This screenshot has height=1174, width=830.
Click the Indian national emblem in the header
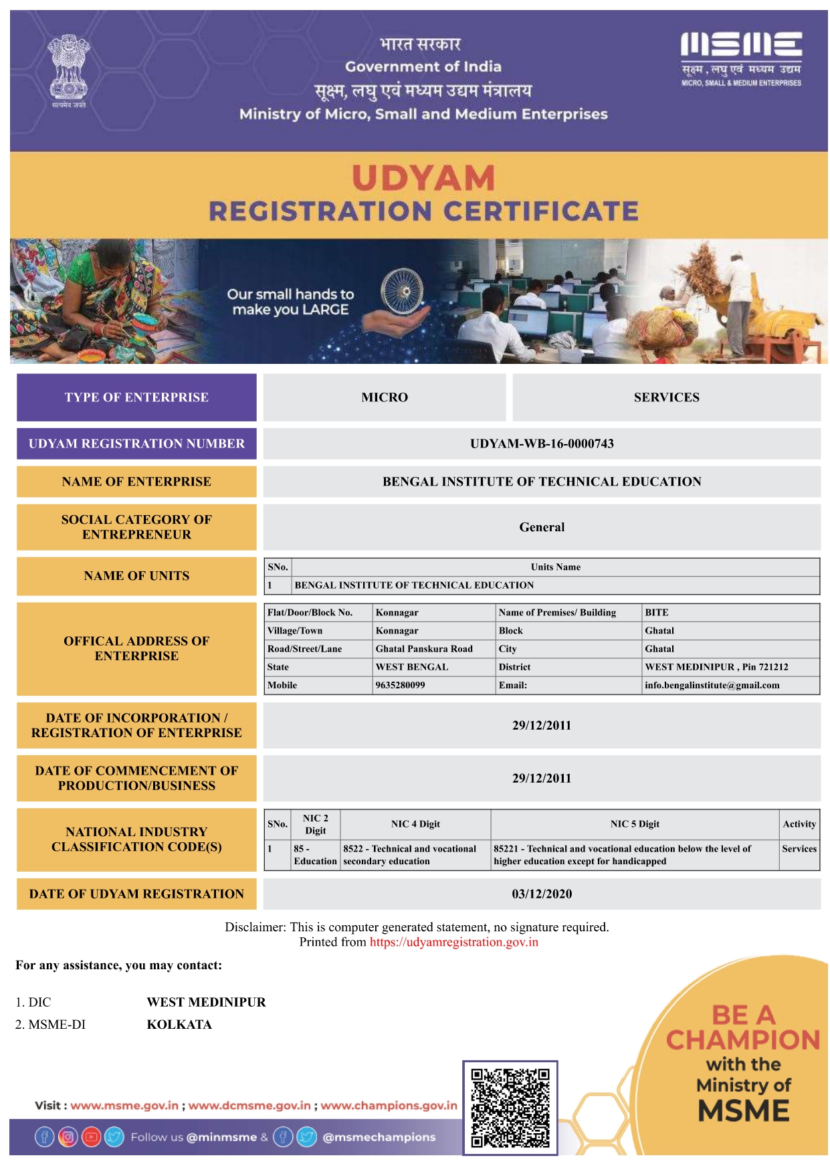tap(68, 70)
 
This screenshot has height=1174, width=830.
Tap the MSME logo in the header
tap(741, 59)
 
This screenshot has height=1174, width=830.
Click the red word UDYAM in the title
tap(423, 179)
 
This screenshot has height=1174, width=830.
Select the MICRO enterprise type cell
tap(385, 397)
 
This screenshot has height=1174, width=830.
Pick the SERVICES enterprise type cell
tap(666, 397)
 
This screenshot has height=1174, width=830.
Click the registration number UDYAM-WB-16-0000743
tap(542, 444)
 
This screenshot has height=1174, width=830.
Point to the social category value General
tap(542, 527)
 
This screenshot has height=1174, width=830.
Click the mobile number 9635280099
tap(400, 685)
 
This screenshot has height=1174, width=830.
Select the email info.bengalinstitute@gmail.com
tap(712, 685)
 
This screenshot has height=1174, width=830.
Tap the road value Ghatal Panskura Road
tap(424, 649)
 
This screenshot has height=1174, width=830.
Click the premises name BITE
tap(656, 612)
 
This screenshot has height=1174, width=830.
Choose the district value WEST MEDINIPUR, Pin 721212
tap(716, 667)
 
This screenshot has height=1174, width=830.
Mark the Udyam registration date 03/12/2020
tap(542, 894)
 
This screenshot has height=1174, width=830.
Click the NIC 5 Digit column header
tap(635, 824)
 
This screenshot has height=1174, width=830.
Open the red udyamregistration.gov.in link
tap(453, 942)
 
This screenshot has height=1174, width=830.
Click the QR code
tap(510, 1107)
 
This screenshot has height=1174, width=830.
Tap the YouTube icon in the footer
tap(91, 1137)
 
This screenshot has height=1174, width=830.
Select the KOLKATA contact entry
tap(179, 1024)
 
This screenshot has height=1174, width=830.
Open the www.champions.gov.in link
tap(389, 1105)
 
